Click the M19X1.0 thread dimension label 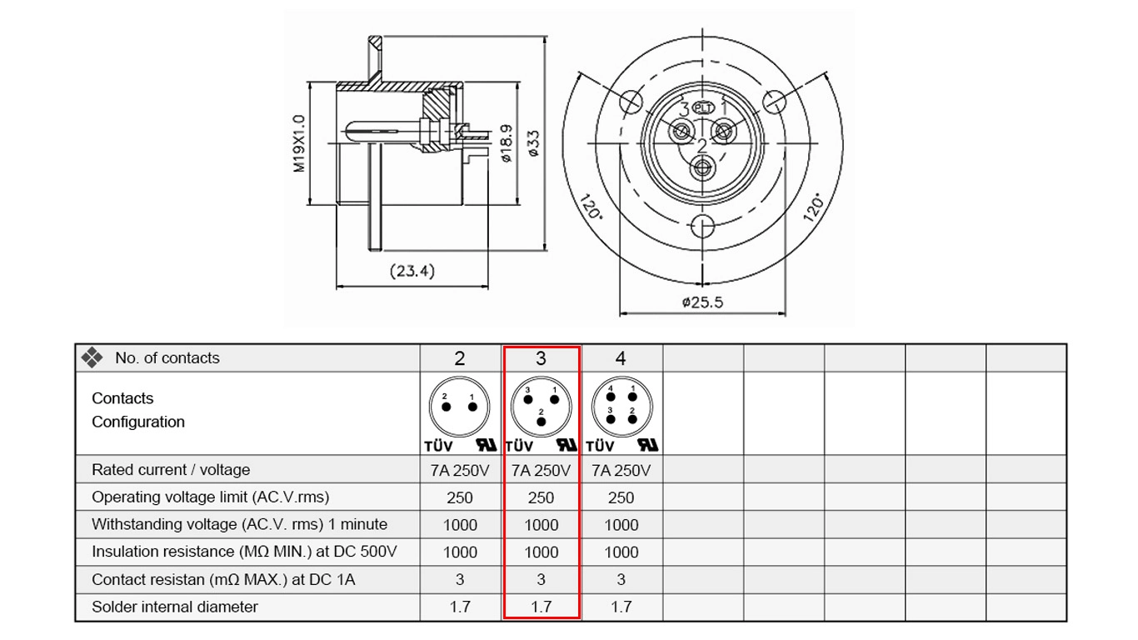[299, 144]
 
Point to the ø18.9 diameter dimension [507, 143]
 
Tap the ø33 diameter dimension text [533, 143]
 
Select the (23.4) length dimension [412, 271]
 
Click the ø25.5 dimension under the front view [702, 302]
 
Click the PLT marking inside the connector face [704, 107]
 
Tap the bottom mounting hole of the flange [703, 226]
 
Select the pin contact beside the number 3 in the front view [681, 132]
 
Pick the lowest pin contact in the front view [703, 167]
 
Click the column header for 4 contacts [621, 358]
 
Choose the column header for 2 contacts [459, 359]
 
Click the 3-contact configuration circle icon [541, 407]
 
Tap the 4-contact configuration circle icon [621, 407]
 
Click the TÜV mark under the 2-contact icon [438, 447]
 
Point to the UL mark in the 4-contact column [648, 445]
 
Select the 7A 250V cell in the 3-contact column [541, 470]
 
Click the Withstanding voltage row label [239, 524]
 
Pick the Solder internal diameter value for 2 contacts [460, 607]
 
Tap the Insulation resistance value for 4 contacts [621, 552]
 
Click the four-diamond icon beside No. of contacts [92, 357]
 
